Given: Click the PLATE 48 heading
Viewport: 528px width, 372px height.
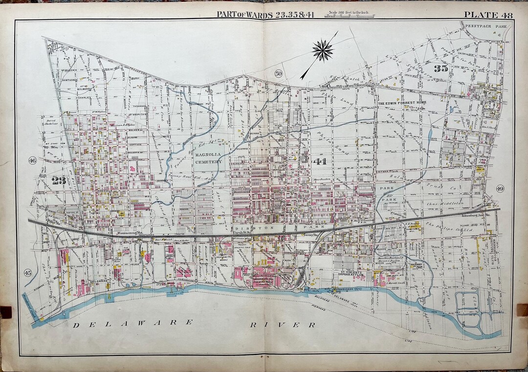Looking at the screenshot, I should (x=488, y=15).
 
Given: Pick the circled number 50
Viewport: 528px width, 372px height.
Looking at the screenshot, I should (x=278, y=74).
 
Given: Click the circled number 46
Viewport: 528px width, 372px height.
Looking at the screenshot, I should (x=33, y=161).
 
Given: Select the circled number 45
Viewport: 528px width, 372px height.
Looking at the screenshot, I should (x=28, y=272).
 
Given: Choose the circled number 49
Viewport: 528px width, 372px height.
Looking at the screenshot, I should (x=500, y=188).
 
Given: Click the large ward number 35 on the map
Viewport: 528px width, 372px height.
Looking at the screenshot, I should (x=440, y=68).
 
